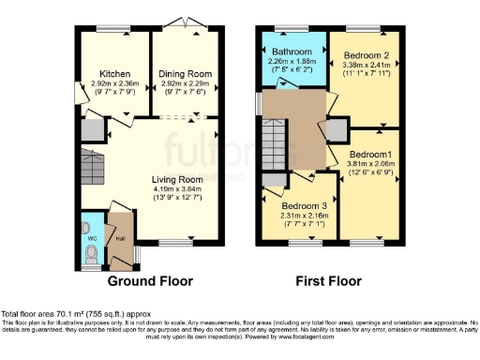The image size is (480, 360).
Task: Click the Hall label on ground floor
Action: [x=120, y=238]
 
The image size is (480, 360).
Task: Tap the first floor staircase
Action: [x=275, y=150]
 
